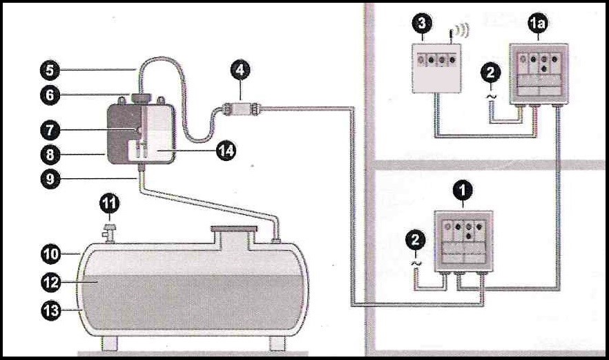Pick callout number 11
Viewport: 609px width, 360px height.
[110, 203]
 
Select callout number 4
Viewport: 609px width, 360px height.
[242, 70]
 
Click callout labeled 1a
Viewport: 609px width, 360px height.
[537, 24]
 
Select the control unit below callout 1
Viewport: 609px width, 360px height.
[463, 240]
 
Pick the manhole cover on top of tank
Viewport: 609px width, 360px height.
[233, 229]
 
